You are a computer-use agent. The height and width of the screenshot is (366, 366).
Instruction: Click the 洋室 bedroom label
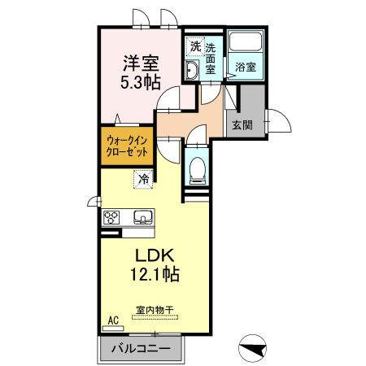tap(141, 63)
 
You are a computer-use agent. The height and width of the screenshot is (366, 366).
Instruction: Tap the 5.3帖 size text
tap(141, 82)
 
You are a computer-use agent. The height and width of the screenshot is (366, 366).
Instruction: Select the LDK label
tap(155, 255)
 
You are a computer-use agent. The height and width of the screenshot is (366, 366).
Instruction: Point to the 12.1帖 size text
tap(155, 274)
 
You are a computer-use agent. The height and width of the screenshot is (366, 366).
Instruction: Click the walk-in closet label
tap(127, 146)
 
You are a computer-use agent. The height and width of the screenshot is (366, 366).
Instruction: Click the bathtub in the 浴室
tap(246, 41)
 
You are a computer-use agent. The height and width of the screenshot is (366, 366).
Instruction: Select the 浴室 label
tap(246, 67)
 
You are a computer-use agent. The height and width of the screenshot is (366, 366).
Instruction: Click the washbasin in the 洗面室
tap(192, 70)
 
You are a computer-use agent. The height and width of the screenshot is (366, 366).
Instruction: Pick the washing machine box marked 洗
tap(195, 46)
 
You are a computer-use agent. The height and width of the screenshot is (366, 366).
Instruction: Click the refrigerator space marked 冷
tap(143, 179)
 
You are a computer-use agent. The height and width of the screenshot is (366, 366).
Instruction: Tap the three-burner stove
tap(111, 217)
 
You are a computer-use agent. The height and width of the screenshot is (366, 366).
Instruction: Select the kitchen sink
tap(143, 217)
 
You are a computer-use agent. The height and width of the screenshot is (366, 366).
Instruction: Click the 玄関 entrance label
tap(242, 125)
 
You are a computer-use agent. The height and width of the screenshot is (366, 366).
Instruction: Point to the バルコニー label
tap(141, 348)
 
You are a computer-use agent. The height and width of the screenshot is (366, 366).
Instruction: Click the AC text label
tap(113, 320)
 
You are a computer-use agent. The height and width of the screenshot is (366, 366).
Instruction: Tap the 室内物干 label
tap(155, 310)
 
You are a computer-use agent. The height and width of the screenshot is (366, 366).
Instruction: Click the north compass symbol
tap(252, 348)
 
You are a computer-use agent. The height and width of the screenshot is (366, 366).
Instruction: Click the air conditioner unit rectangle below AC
tap(113, 329)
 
